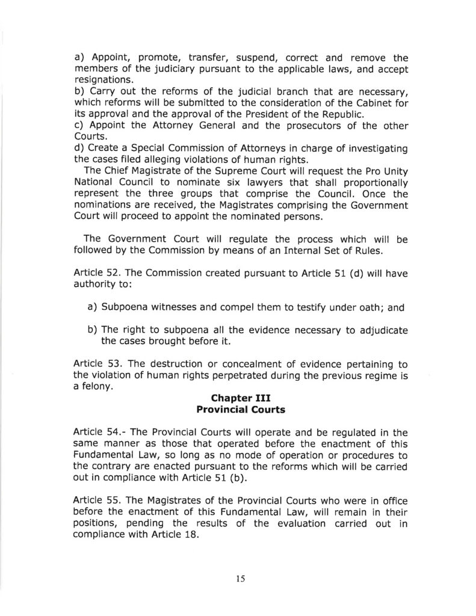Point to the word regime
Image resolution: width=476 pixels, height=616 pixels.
[380, 375]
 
